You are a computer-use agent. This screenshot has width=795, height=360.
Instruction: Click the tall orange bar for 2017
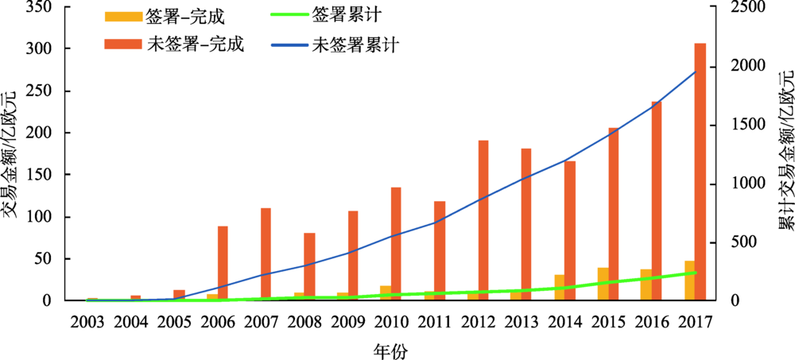click(x=700, y=172)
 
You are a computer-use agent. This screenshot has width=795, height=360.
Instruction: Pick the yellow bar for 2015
click(x=603, y=285)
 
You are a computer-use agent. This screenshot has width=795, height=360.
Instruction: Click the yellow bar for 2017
click(x=689, y=281)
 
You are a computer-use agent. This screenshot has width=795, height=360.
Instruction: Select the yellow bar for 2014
click(x=560, y=288)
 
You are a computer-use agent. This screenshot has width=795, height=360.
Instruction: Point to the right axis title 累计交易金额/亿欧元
click(x=783, y=155)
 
